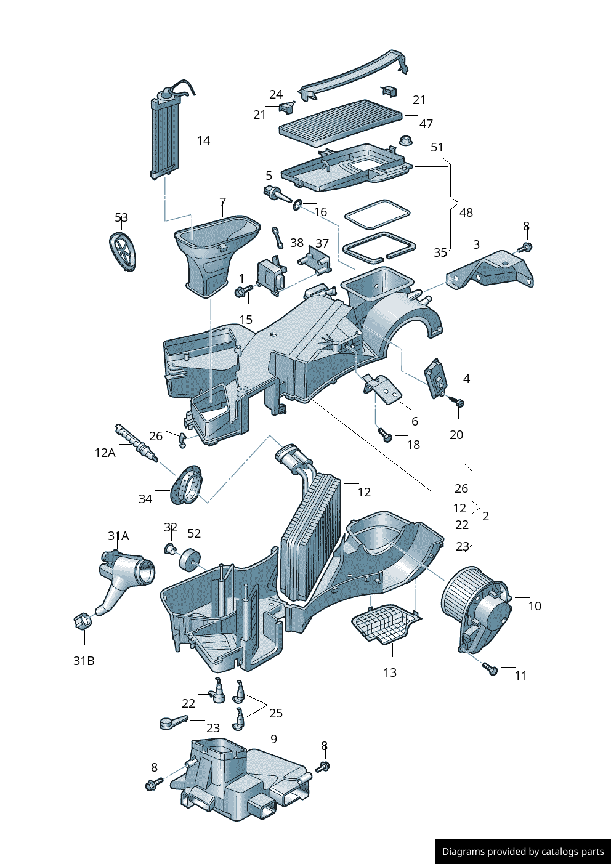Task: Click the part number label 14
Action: [203, 140]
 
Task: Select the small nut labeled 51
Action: [405, 141]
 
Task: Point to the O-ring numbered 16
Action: [297, 204]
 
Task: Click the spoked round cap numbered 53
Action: [123, 251]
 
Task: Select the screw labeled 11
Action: [490, 668]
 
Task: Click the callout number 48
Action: [466, 212]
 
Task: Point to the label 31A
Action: [118, 536]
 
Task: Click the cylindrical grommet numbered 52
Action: [189, 559]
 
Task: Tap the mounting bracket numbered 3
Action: [492, 270]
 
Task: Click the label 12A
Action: [105, 453]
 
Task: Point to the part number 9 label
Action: [273, 739]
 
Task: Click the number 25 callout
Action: [276, 713]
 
